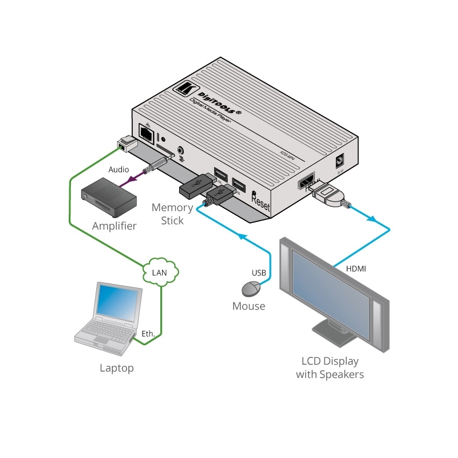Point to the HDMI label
(x=356, y=268)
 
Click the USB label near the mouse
(x=259, y=273)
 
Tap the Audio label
(x=119, y=169)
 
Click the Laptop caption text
(x=116, y=368)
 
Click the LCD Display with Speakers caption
(x=330, y=368)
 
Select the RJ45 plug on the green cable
(x=125, y=144)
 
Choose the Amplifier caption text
(x=114, y=226)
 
